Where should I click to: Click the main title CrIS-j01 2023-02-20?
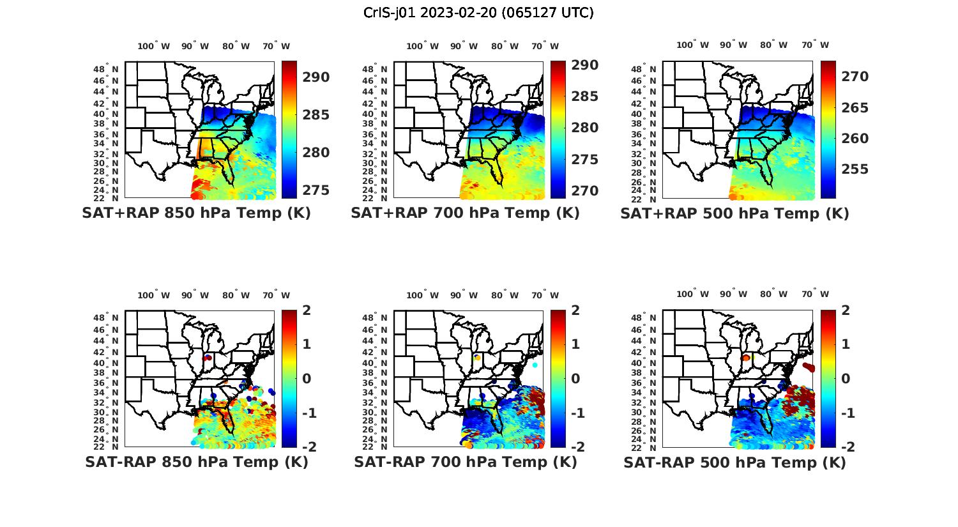(x=478, y=13)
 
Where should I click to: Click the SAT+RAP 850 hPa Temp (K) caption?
(x=196, y=213)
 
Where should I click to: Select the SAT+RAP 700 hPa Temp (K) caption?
(x=465, y=213)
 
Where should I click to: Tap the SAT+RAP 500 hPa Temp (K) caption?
(x=734, y=214)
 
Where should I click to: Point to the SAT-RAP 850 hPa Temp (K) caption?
(x=196, y=462)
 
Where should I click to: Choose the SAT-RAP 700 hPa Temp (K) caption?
(x=465, y=462)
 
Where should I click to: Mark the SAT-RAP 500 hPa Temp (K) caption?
(x=734, y=463)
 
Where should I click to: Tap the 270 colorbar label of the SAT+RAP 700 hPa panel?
(x=585, y=191)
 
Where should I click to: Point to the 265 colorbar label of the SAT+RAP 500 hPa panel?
(x=855, y=108)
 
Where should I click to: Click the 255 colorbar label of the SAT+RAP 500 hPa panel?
(x=855, y=169)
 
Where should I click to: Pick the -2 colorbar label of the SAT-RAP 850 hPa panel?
(x=308, y=447)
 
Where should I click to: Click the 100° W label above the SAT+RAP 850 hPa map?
(x=154, y=46)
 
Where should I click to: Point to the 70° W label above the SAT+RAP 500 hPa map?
(x=815, y=45)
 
